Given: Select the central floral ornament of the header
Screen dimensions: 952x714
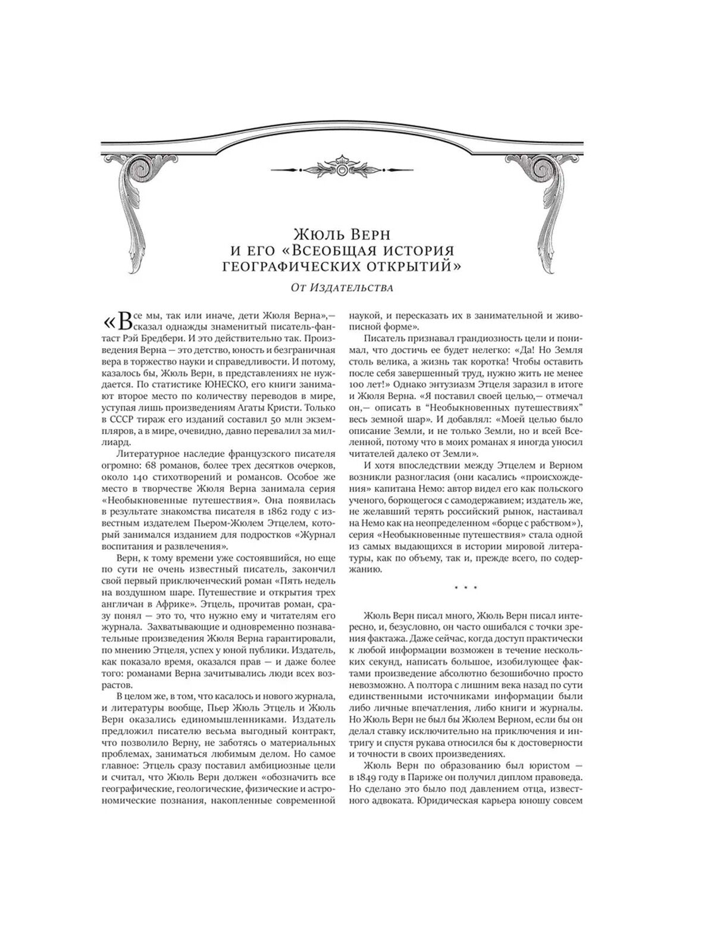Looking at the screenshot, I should (342, 168).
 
